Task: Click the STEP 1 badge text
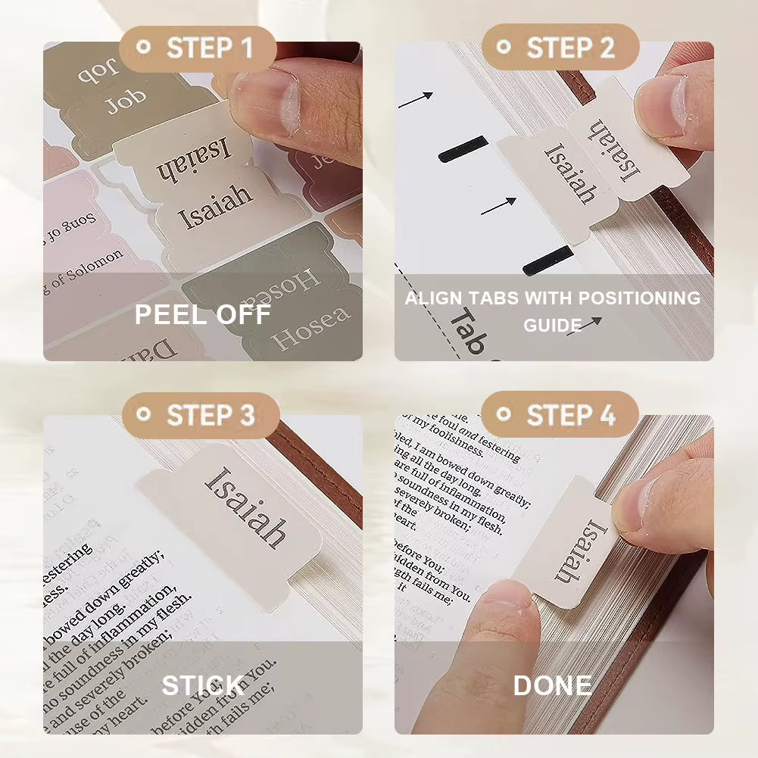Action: click(x=209, y=48)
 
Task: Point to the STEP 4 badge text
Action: click(x=571, y=415)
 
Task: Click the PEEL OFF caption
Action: click(x=202, y=314)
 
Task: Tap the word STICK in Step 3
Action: click(x=202, y=686)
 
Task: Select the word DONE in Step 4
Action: click(x=553, y=686)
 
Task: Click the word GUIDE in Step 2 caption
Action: click(x=552, y=325)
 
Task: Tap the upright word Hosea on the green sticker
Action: click(x=311, y=328)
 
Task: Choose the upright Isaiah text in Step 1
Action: click(x=215, y=207)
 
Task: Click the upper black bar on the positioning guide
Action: click(x=463, y=148)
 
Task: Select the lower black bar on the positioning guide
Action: click(x=547, y=260)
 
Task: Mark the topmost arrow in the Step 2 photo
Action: click(x=415, y=99)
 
